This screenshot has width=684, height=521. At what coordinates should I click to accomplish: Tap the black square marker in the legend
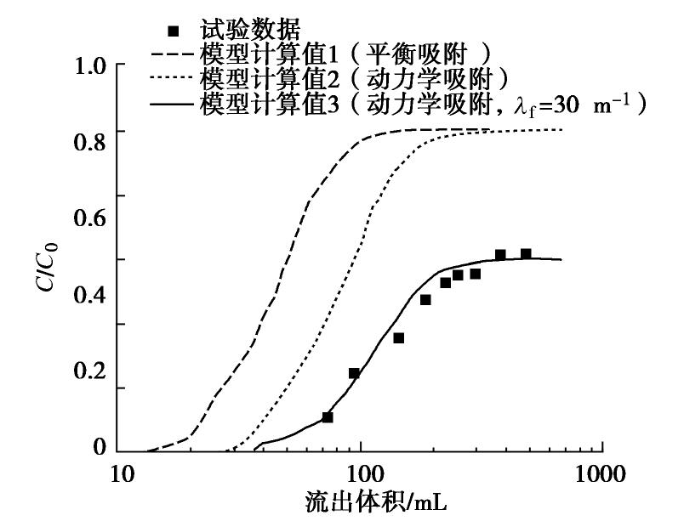(175, 31)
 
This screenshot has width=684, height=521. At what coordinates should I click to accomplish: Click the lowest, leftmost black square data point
(328, 417)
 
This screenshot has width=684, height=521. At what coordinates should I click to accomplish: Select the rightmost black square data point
(526, 254)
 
